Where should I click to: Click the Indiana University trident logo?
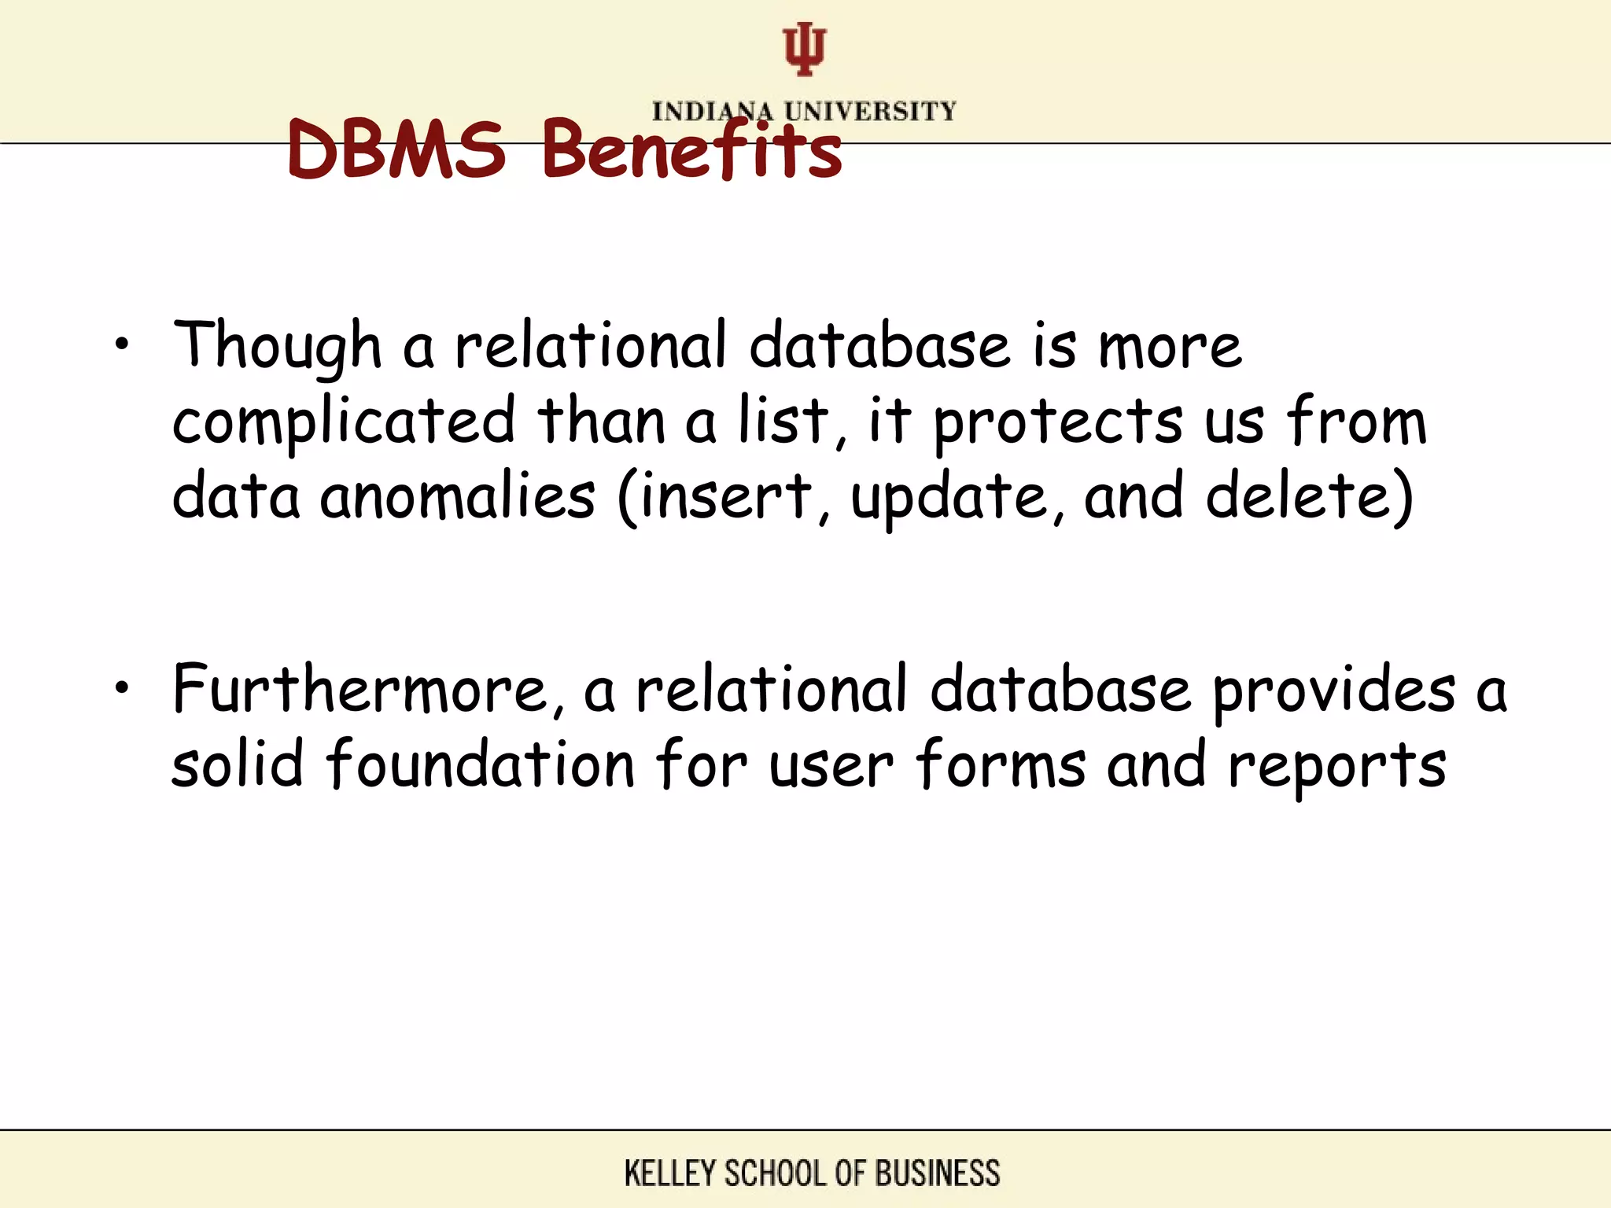click(x=804, y=49)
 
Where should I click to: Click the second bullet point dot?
click(x=120, y=688)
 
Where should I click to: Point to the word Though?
click(x=278, y=346)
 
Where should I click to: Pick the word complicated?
click(x=344, y=422)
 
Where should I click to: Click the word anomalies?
click(x=457, y=497)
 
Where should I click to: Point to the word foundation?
click(x=481, y=764)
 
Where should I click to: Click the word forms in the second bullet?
click(x=1001, y=764)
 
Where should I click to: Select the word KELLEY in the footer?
click(x=669, y=1173)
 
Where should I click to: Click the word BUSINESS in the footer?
click(x=937, y=1173)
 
